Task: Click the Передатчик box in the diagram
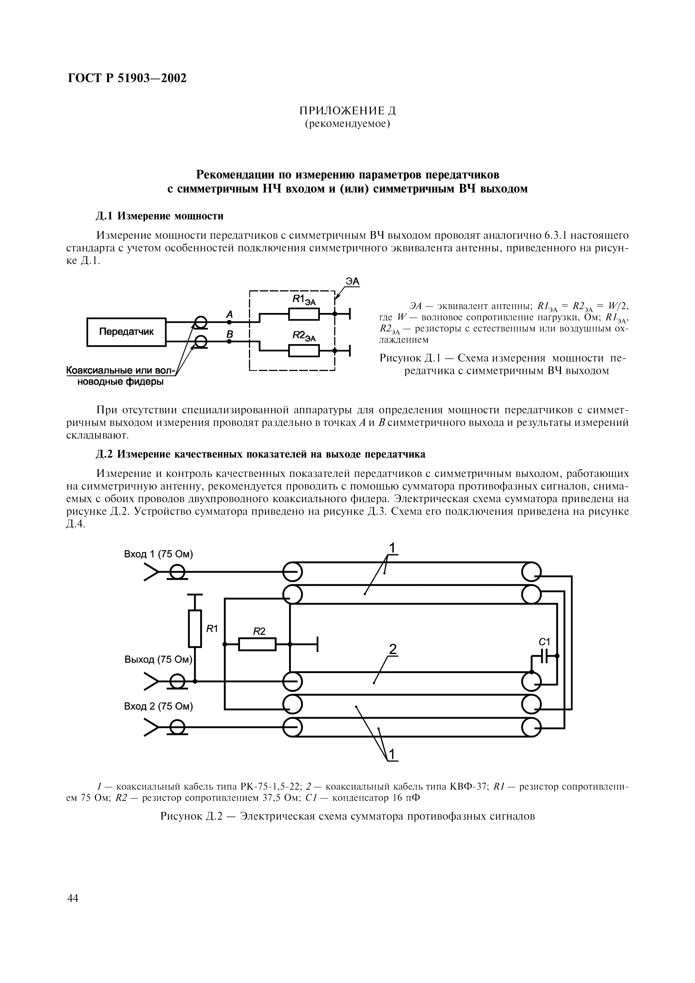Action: (126, 332)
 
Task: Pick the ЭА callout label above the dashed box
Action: (353, 281)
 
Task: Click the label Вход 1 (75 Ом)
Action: (158, 554)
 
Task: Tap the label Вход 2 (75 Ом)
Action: (158, 706)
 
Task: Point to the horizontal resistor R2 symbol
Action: (257, 644)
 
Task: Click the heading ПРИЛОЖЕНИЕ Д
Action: (347, 111)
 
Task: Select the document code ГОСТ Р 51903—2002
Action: (127, 79)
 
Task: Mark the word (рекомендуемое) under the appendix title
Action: (347, 124)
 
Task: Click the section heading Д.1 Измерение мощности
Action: (159, 216)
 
